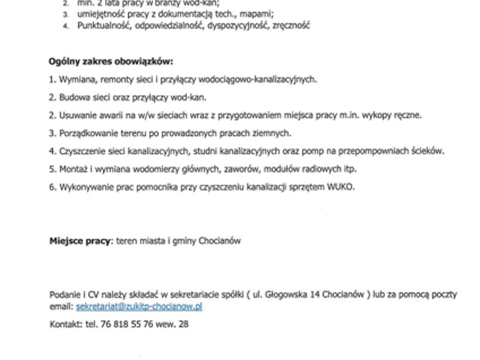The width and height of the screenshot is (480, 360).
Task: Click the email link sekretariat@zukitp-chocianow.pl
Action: [x=139, y=307]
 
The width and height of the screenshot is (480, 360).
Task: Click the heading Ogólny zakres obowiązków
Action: [x=110, y=61]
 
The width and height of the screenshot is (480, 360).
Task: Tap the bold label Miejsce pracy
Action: [x=80, y=241]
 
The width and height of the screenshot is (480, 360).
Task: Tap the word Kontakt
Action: [x=65, y=324]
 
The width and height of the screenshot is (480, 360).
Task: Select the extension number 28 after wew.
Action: [x=184, y=324]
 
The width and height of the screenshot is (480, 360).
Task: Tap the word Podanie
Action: [x=64, y=295]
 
